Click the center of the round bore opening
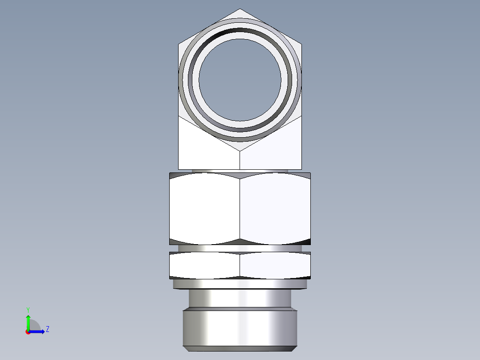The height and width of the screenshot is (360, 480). [240, 80]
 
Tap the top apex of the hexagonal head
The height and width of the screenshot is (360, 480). [240, 9]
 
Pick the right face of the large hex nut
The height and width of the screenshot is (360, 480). [275, 209]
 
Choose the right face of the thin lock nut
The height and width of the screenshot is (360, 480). [275, 266]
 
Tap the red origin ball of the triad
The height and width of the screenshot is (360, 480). [28, 332]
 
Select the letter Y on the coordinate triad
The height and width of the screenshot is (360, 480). [28, 309]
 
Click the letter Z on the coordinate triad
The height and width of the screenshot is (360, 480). [47, 329]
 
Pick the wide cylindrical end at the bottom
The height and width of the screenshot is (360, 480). [240, 329]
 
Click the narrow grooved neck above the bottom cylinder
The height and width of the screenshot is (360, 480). [240, 298]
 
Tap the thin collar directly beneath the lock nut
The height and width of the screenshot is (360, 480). [240, 284]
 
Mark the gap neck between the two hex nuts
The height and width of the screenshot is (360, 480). [240, 249]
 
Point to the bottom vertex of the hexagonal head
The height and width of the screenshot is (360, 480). [240, 151]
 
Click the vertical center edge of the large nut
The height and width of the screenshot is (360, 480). [240, 209]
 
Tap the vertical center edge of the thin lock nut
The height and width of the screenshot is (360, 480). [240, 266]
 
